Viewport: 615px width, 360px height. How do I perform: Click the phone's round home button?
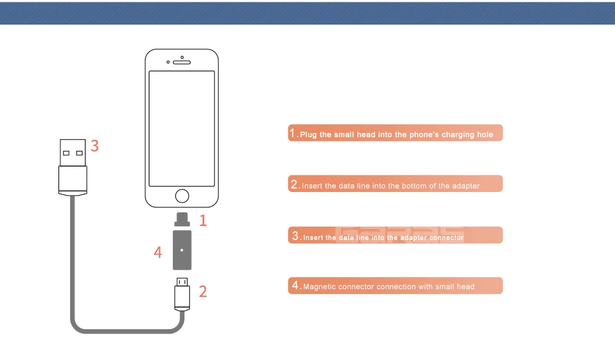click(182, 196)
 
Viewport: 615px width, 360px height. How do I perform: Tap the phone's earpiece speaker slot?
click(181, 62)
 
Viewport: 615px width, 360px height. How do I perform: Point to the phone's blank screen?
click(181, 129)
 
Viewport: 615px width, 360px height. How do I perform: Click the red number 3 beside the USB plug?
click(95, 146)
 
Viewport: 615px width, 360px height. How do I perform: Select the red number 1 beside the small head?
click(203, 221)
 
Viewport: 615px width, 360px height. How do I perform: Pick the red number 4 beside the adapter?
click(157, 252)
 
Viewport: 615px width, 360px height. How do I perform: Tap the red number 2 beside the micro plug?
click(203, 292)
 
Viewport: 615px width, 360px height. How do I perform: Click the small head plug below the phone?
click(182, 220)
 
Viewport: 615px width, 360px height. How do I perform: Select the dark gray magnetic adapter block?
click(182, 250)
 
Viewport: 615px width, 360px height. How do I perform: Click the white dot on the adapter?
click(181, 250)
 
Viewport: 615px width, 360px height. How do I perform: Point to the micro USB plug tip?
click(182, 282)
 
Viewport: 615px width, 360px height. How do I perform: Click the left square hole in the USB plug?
click(66, 153)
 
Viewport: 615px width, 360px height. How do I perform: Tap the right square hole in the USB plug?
click(79, 153)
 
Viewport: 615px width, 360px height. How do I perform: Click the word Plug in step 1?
click(308, 135)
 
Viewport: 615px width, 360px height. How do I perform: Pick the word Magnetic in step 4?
click(319, 287)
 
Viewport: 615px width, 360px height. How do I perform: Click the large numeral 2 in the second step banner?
click(295, 184)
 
